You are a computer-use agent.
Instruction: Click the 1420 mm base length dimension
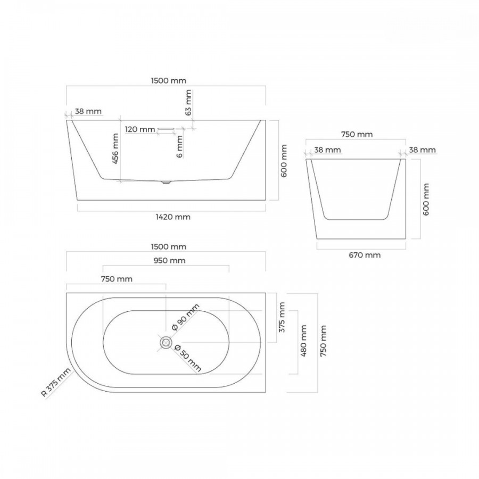pos(173,217)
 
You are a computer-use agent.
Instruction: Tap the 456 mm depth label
pos(115,149)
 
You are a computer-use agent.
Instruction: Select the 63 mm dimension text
pos(188,102)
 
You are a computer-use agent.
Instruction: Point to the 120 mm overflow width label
pos(140,129)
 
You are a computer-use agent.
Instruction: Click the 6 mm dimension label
pos(180,146)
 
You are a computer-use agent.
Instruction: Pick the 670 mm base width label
pos(365,255)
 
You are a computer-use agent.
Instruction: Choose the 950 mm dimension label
pos(169,261)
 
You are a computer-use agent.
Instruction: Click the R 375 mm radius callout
pos(56,382)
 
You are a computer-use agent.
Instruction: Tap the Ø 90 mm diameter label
pos(185,317)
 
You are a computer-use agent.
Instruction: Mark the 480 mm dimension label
pos(303,341)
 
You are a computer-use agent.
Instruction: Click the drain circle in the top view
pos(166,342)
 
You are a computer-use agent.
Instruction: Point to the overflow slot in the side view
pos(166,129)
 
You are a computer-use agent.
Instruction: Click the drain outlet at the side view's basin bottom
pos(166,182)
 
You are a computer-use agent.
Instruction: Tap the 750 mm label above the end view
pos(357,135)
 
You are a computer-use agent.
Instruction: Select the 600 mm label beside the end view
pos(426,199)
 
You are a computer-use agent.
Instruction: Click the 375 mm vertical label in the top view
pos(282,317)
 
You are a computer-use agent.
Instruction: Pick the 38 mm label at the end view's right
pos(423,150)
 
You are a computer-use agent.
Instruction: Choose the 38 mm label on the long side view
pos(88,111)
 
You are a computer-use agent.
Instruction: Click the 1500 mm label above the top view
pos(169,246)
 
